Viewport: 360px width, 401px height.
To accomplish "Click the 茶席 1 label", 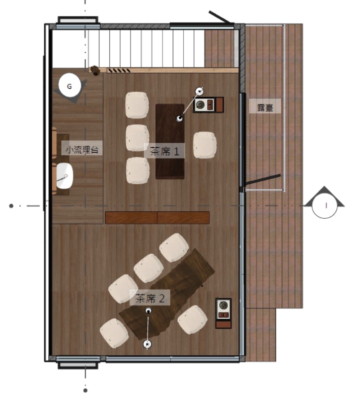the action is coord(164,151).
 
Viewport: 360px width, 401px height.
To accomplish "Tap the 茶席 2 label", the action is coord(150,298).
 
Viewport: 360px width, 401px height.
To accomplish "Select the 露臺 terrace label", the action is coord(265,107).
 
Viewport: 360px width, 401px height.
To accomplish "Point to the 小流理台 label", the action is coord(82,150).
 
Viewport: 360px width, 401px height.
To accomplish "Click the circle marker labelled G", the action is coord(69,85).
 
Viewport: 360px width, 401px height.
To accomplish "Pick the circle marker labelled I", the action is coord(325,205).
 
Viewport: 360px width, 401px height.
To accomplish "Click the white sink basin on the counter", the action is coord(65,176).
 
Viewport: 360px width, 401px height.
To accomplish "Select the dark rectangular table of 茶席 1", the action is coord(170,141).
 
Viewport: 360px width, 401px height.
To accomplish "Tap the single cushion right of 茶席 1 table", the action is coord(204,145).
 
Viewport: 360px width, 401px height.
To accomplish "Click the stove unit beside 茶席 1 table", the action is coord(208,104).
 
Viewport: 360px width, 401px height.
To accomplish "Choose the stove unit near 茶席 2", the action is coord(224,313).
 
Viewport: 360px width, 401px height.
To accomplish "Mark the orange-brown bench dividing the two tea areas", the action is coord(157,218).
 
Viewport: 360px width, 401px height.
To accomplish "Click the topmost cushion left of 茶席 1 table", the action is coord(137,105).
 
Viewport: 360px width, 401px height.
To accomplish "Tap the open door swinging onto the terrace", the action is coord(263,179).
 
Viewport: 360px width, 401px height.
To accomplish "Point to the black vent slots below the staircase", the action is coord(119,70).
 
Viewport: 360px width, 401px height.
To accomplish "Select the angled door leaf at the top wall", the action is coord(220,17).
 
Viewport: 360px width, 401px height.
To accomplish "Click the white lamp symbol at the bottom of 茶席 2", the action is coord(147,344).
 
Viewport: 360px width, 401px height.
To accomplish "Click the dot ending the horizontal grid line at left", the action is coord(11,205).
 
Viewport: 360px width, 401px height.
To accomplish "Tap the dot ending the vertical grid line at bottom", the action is coord(85,390).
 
